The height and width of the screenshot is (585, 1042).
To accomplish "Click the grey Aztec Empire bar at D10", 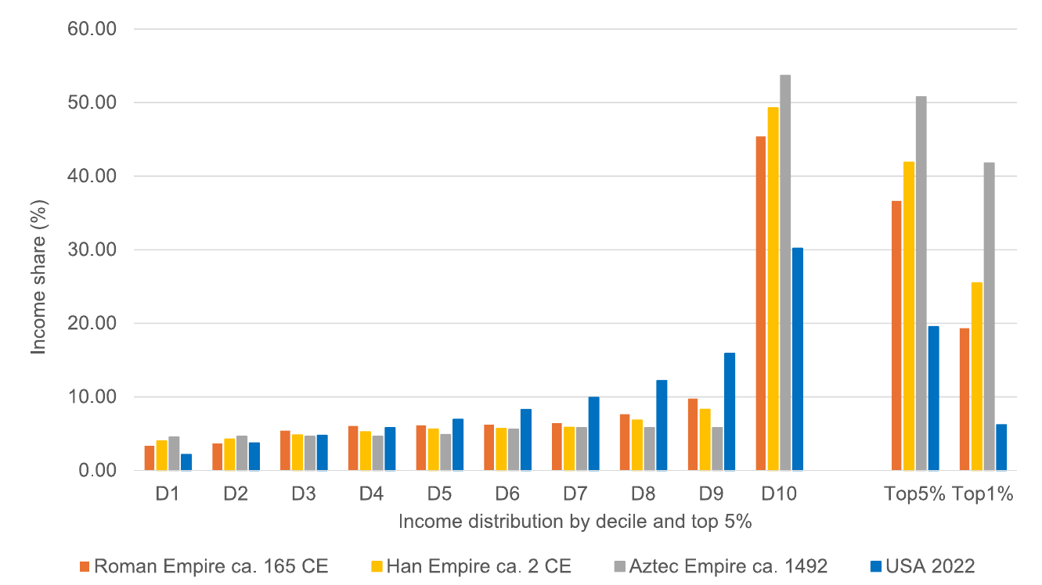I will (785, 273).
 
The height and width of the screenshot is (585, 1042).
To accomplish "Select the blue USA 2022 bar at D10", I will (797, 359).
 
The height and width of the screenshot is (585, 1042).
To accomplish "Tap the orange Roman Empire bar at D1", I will (150, 458).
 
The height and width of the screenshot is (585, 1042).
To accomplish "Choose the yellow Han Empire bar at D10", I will (773, 289).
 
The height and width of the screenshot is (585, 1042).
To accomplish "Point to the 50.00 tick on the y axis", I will (92, 103).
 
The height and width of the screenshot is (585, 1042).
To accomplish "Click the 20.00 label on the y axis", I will (92, 324).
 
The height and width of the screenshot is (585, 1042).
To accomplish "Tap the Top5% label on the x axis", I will (914, 495).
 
